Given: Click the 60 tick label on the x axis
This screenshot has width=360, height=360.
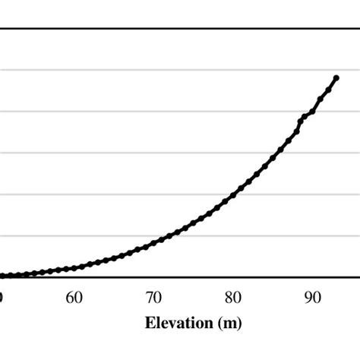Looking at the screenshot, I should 74,297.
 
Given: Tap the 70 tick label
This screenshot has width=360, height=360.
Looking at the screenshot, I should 153,297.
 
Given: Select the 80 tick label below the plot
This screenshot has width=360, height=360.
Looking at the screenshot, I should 233,297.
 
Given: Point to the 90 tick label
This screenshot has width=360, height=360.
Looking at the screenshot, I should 312,297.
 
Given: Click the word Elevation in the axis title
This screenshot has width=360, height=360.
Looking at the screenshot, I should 179,324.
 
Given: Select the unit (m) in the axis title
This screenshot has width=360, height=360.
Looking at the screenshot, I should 228,324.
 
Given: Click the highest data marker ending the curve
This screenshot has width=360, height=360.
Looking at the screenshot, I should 336,77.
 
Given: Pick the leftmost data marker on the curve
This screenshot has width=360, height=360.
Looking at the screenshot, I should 2,276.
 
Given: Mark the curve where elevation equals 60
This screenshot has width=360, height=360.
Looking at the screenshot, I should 74,268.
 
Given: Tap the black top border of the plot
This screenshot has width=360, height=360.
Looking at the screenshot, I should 180,29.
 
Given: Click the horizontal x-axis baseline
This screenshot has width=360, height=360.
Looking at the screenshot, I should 180,277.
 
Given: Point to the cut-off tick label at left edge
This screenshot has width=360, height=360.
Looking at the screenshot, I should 2,297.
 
